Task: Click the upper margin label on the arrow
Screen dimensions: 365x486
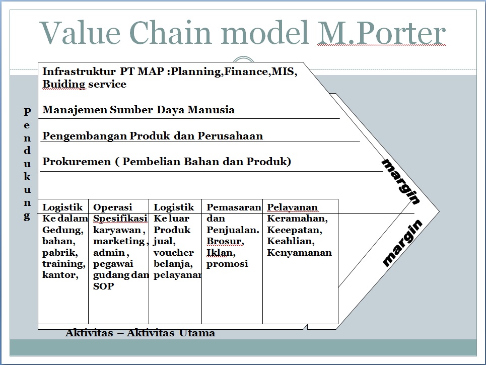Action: point(400,181)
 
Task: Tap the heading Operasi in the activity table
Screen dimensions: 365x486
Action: point(113,207)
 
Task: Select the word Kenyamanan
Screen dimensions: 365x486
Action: point(299,253)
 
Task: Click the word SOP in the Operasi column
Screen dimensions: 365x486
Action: point(104,286)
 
